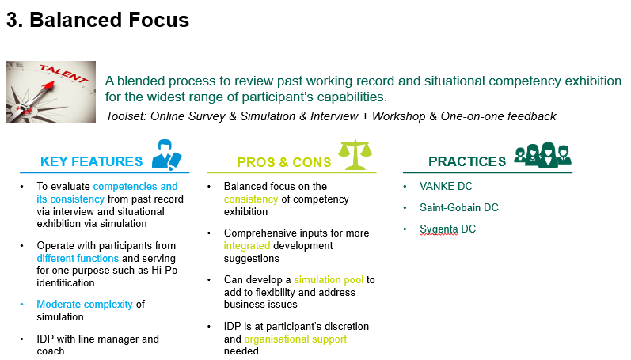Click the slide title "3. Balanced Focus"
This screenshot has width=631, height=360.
pos(98,20)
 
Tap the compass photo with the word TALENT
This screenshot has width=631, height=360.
pos(51,92)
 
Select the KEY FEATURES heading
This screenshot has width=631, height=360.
pos(91,161)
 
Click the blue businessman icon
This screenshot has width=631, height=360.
pos(166,154)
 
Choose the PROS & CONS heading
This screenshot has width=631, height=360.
pos(283,162)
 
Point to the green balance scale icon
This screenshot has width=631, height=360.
pos(355,155)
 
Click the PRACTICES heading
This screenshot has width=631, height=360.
pos(467,161)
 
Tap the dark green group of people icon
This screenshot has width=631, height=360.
pos(542,154)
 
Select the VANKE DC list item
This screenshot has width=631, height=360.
pos(446,186)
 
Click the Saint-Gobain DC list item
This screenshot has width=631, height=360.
pos(458,207)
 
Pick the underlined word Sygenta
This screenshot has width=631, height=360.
pos(439,229)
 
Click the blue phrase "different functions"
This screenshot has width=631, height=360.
pos(78,258)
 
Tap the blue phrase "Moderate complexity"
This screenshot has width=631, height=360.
pos(85,305)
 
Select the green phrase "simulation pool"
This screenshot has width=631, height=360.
pos(329,280)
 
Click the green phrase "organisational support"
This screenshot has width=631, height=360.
pos(295,339)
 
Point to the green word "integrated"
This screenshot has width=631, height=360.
pos(247,246)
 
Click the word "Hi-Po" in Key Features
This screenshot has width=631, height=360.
pos(164,271)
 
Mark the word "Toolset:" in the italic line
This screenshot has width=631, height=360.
pos(126,116)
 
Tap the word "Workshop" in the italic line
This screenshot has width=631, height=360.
pos(398,116)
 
